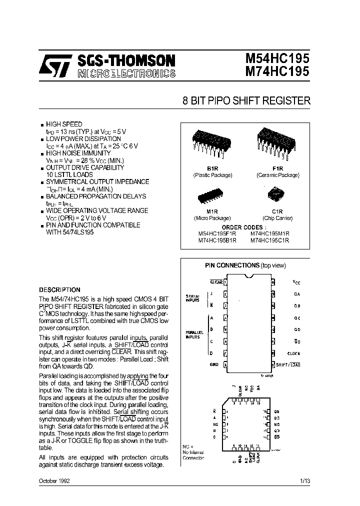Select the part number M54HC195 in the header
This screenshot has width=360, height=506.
[x=277, y=59]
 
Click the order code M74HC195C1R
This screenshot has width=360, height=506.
[x=270, y=240]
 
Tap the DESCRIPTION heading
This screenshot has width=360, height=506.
[x=59, y=289]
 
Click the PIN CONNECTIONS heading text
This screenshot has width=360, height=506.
[x=232, y=265]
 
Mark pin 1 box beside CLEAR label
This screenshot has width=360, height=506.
[x=225, y=282]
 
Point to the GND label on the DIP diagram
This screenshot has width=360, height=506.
[x=213, y=365]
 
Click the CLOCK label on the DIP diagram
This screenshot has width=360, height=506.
[x=293, y=353]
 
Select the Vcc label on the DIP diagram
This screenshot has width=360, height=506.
[x=296, y=282]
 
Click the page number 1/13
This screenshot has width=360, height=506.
[x=304, y=480]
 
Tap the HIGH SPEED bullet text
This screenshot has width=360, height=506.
[x=64, y=124]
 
